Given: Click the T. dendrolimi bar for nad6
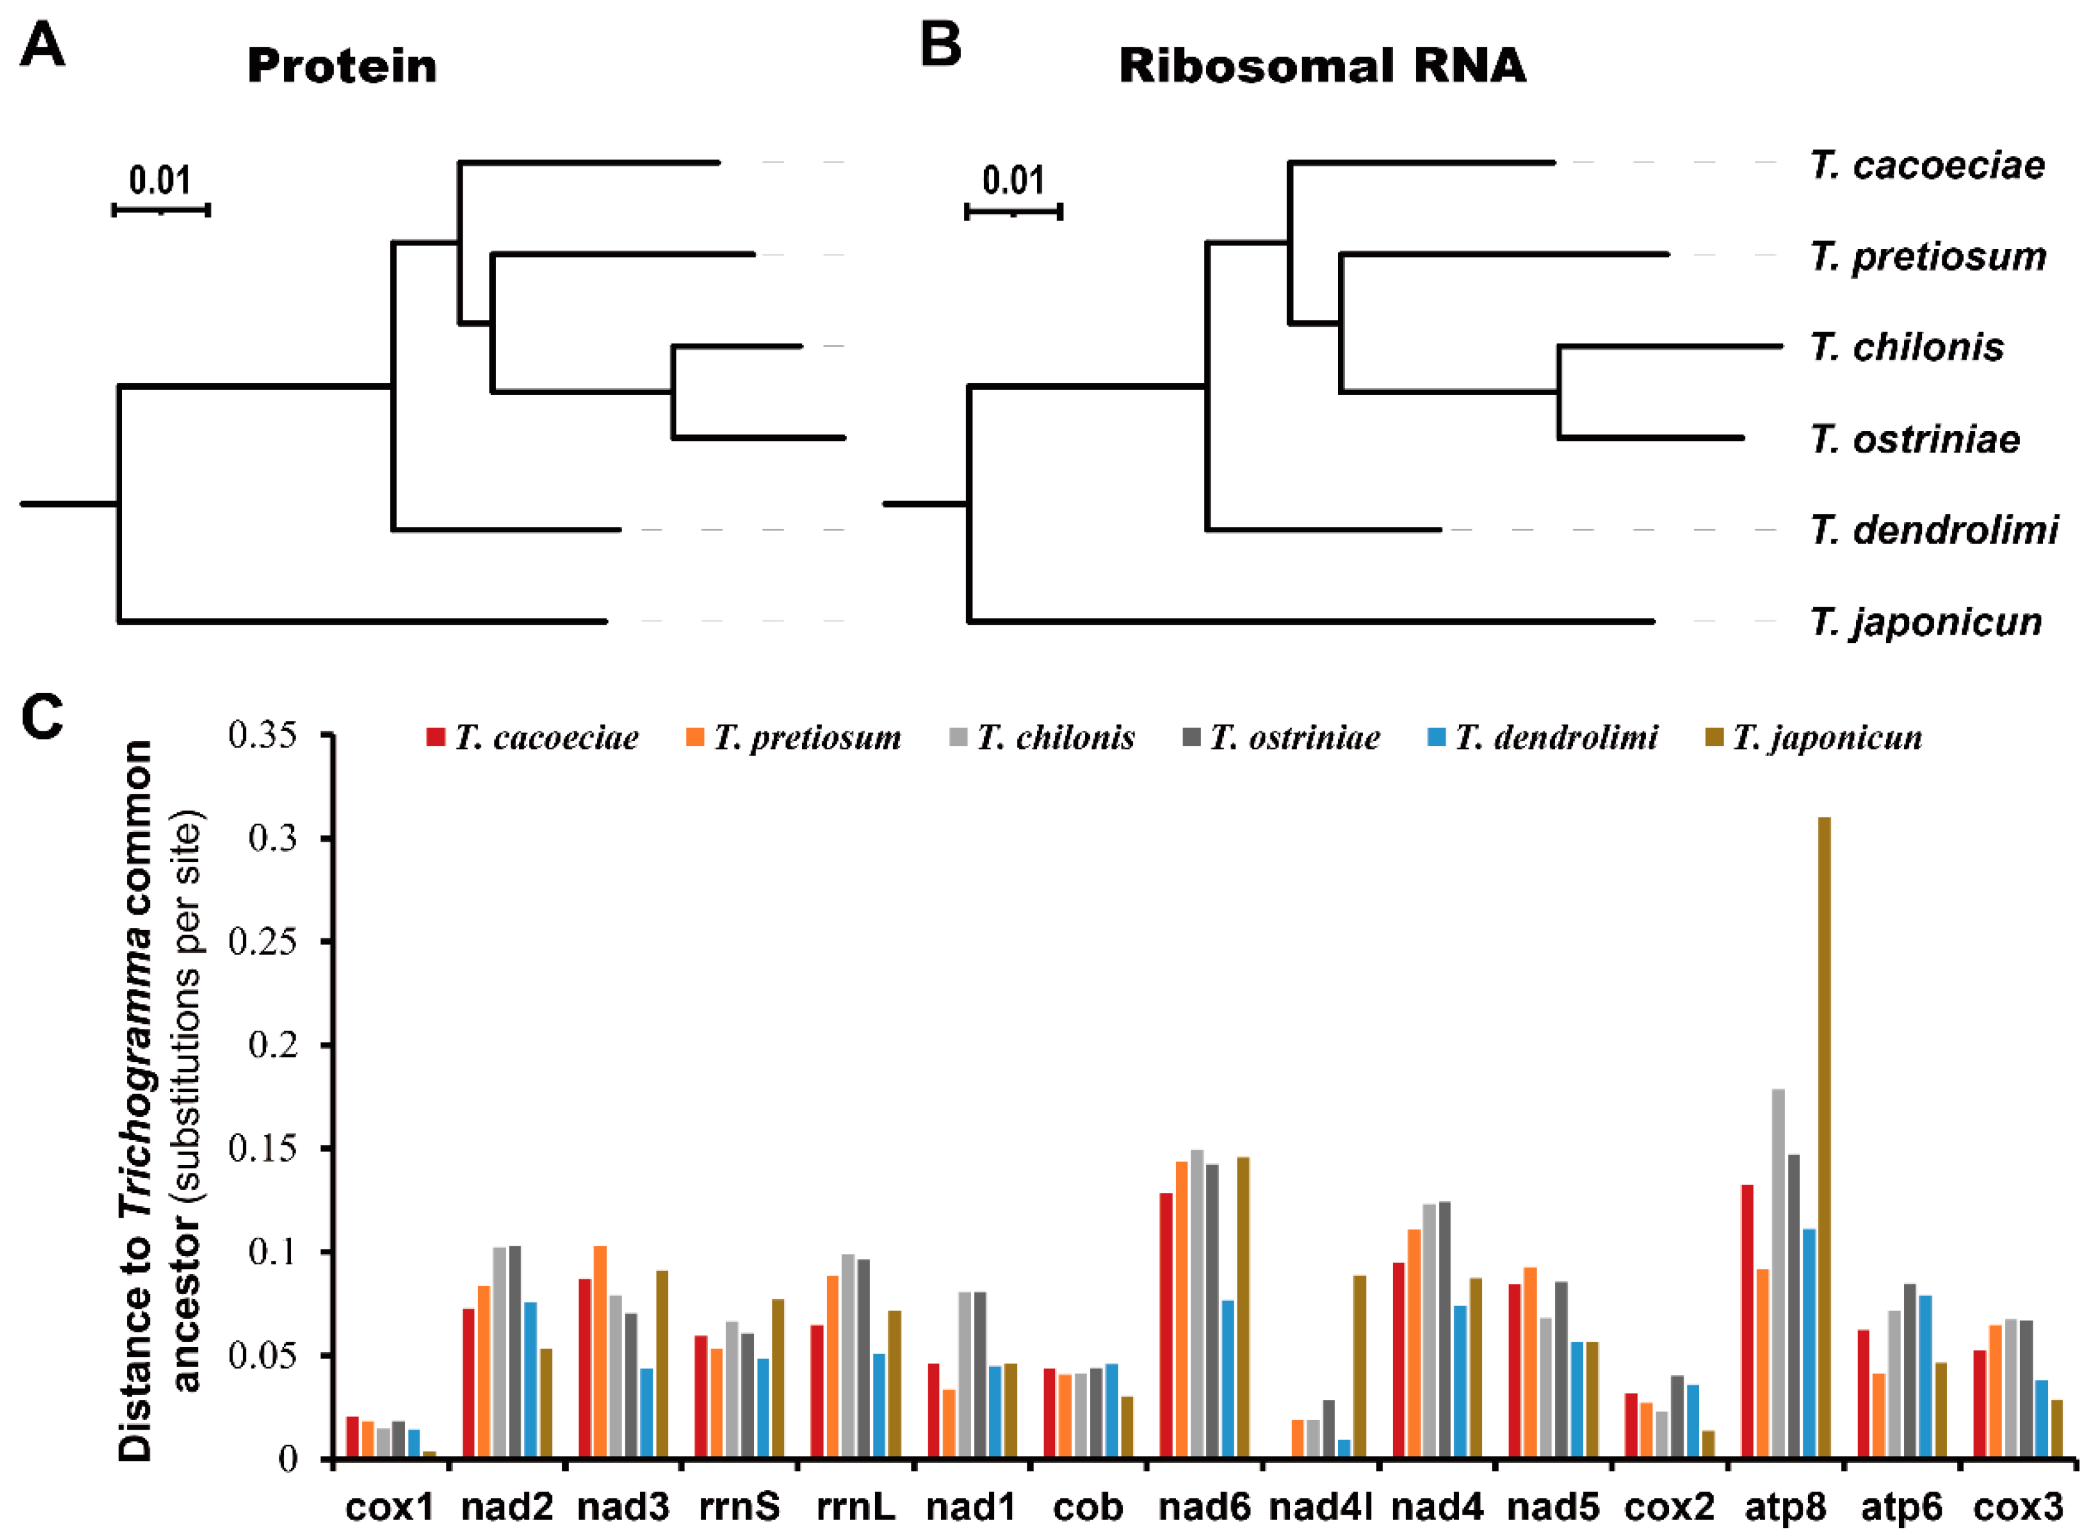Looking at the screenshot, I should (1228, 1379).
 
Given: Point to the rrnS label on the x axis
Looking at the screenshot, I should (740, 1506).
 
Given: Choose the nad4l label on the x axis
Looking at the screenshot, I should (1321, 1506).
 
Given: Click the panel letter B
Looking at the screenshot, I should (940, 45).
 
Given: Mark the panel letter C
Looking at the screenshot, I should (42, 717).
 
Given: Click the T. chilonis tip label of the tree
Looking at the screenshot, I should (1906, 347).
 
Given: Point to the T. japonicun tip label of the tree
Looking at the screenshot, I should (1925, 621).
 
